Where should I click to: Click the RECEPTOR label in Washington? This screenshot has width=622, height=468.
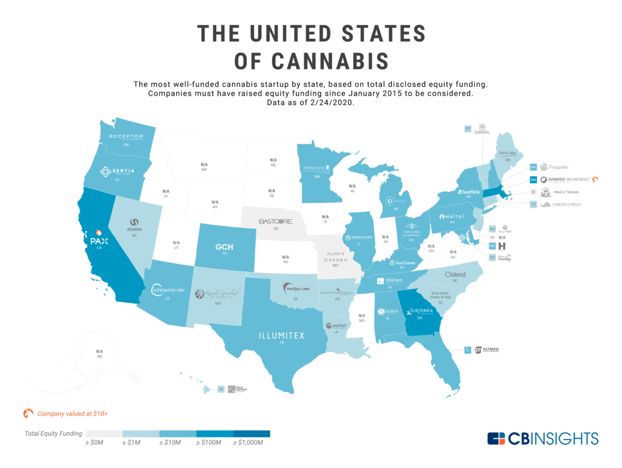click(x=126, y=137)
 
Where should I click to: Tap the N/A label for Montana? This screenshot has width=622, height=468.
click(x=205, y=166)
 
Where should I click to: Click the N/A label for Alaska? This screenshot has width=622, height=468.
click(x=100, y=353)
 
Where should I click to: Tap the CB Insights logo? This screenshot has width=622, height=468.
click(x=542, y=438)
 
